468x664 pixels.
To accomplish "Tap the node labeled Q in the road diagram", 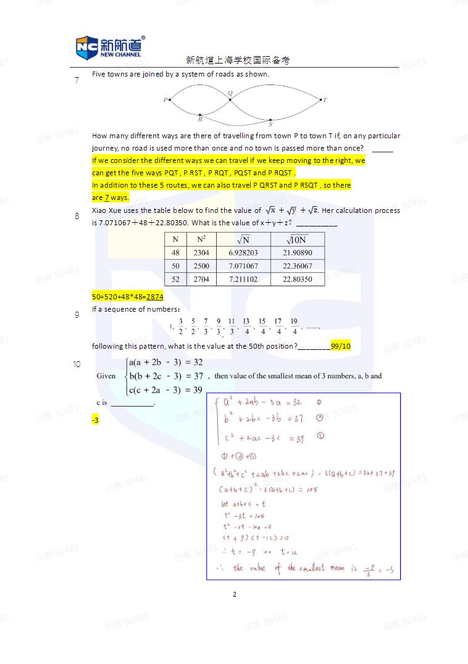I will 230,99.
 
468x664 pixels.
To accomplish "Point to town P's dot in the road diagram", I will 169,99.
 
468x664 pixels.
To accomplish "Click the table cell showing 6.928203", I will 243,253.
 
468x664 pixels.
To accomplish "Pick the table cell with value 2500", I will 201,266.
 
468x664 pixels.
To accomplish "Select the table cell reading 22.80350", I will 297,280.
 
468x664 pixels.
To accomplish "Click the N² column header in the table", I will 201,239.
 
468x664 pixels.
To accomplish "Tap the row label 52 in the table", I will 175,280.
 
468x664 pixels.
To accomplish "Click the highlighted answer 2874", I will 154,297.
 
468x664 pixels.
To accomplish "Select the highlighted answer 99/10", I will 340,346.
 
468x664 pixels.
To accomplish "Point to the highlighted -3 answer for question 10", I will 95,420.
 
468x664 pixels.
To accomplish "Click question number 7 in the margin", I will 77,80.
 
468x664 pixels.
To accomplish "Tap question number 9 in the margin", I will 77,315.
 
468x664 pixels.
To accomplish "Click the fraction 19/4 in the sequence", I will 294,326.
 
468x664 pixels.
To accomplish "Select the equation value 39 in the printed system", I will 198,390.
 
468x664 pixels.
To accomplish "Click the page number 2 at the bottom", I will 235,595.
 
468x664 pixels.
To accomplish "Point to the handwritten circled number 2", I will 320,418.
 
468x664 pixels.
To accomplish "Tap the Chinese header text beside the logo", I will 238,60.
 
